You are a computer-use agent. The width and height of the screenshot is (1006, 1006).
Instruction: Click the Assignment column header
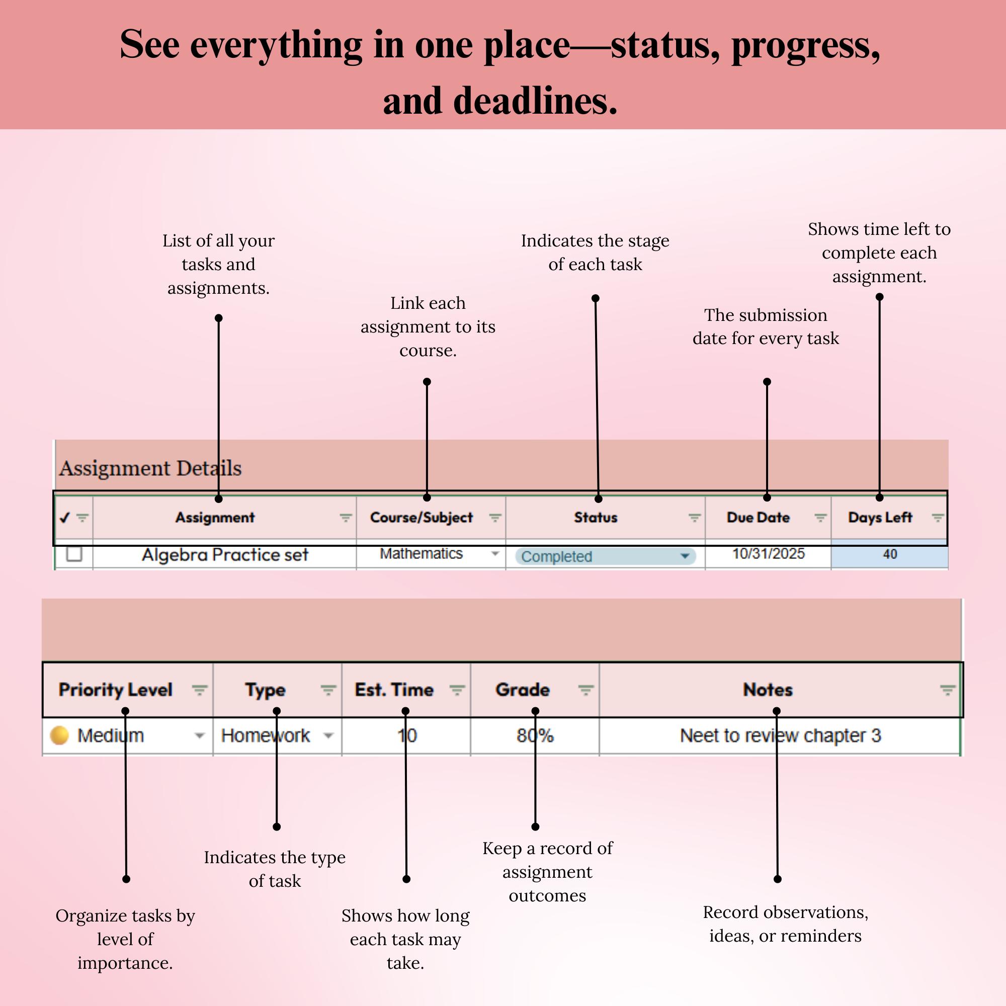(215, 518)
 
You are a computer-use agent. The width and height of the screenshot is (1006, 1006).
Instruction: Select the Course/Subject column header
(421, 518)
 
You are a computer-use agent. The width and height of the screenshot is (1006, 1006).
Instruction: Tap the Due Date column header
(758, 518)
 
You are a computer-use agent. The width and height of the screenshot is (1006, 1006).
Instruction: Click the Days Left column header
(880, 518)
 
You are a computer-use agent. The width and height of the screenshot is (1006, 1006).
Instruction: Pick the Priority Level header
(115, 690)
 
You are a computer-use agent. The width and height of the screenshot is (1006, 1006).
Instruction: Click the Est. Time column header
(394, 690)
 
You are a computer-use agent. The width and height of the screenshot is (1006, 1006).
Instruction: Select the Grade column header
(523, 690)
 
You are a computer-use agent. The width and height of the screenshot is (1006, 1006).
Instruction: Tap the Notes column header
(768, 690)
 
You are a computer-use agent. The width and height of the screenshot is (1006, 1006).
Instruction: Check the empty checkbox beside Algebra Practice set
(74, 554)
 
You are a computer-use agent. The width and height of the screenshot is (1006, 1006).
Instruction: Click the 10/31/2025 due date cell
(769, 553)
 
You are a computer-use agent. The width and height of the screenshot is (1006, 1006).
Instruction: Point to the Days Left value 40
(890, 554)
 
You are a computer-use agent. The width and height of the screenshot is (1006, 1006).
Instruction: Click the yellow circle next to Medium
(59, 735)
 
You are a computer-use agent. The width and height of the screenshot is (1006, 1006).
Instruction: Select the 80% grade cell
(535, 735)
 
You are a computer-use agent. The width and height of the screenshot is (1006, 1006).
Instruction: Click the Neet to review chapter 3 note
(780, 735)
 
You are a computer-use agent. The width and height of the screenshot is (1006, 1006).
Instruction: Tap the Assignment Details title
(150, 468)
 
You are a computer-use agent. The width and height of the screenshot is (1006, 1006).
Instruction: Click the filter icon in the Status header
(694, 518)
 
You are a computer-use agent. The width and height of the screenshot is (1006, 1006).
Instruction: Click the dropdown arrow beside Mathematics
(495, 553)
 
